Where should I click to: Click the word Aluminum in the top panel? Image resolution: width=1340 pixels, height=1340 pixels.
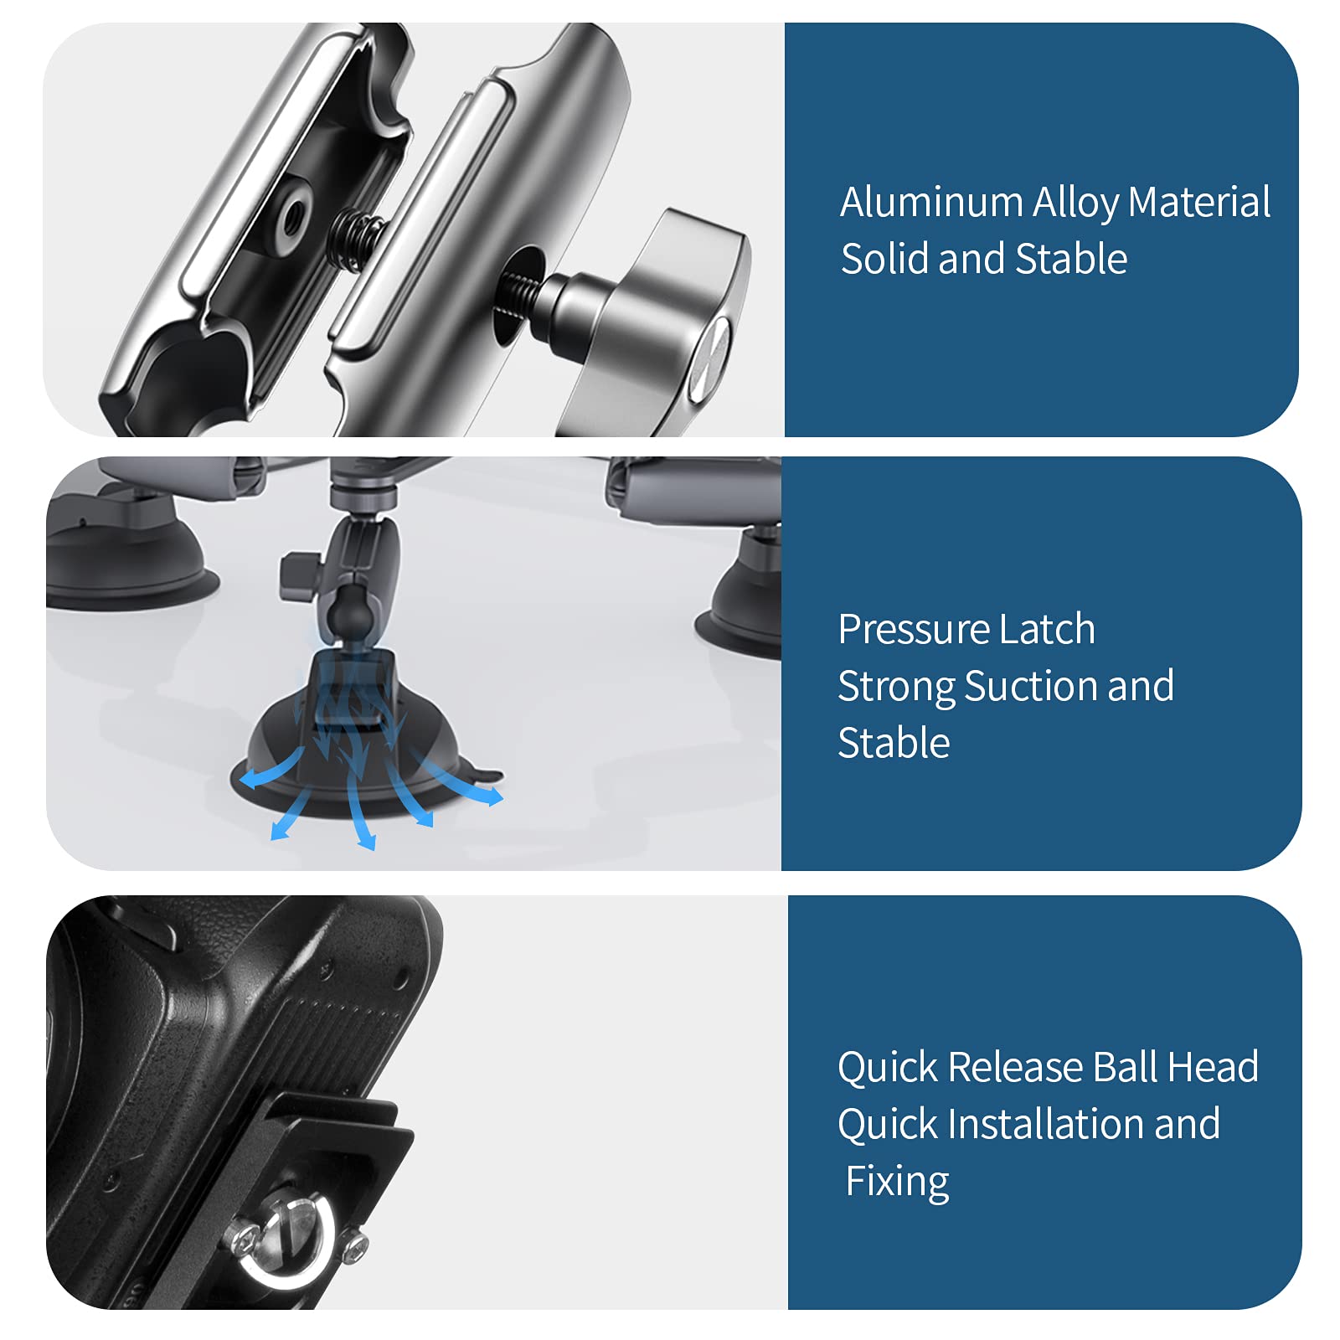point(931,203)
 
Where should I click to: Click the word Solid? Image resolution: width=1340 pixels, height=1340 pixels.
point(885,259)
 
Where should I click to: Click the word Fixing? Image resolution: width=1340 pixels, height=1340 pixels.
point(897,1183)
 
